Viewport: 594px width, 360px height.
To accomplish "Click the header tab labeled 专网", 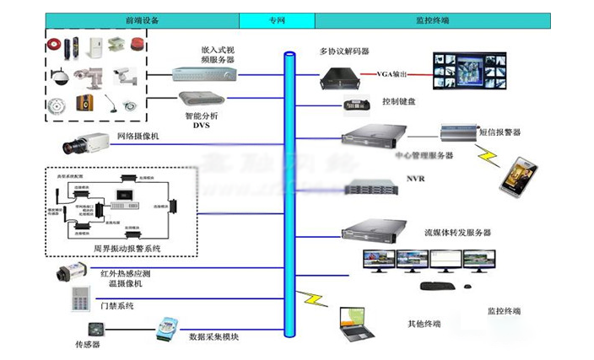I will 276,19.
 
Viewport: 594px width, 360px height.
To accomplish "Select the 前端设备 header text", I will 141,19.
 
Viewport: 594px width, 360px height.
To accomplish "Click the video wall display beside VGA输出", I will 467,71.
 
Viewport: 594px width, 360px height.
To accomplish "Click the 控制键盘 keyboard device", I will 357,105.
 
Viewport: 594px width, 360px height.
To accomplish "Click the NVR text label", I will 416,179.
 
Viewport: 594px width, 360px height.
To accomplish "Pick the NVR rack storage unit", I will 372,189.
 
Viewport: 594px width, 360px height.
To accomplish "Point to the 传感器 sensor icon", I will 90,329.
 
